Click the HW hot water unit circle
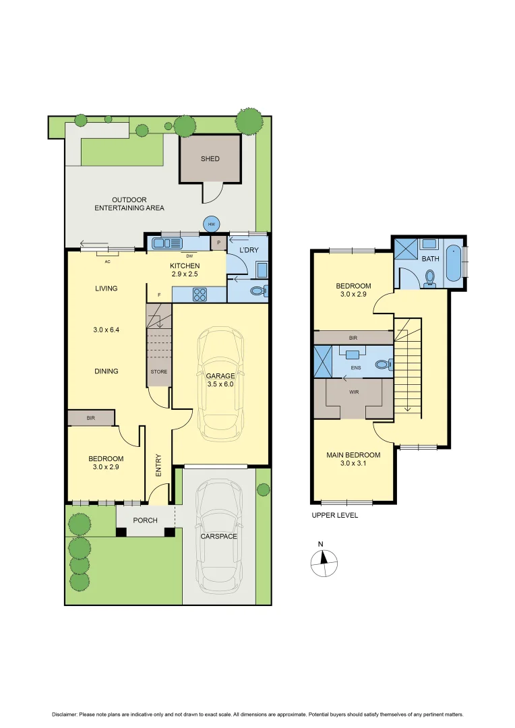point(212,224)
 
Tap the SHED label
point(210,159)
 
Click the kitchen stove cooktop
point(200,294)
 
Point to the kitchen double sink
point(163,243)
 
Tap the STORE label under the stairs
point(159,371)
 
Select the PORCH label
point(145,520)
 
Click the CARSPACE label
point(220,537)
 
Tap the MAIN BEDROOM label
point(353,459)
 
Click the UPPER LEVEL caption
point(334,515)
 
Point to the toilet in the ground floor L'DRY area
point(259,291)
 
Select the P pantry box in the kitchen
point(219,242)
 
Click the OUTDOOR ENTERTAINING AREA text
point(138,204)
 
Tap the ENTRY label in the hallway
point(158,465)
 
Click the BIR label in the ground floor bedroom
point(91,419)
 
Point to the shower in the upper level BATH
point(406,249)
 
